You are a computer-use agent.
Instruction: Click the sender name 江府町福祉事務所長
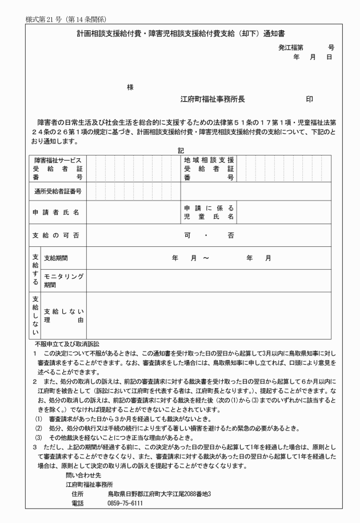[x=213, y=99]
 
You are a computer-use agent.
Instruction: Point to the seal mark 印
[x=309, y=99]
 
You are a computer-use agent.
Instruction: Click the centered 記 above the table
[x=180, y=150]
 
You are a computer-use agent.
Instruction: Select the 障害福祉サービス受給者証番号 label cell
[x=58, y=169]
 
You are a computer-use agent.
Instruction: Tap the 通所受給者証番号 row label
[x=58, y=191]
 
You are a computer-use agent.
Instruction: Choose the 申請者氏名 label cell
[x=55, y=212]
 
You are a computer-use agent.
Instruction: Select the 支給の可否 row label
[x=55, y=235]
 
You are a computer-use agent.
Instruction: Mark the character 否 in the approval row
[x=230, y=235]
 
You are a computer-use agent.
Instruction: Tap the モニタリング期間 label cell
[x=63, y=280]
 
